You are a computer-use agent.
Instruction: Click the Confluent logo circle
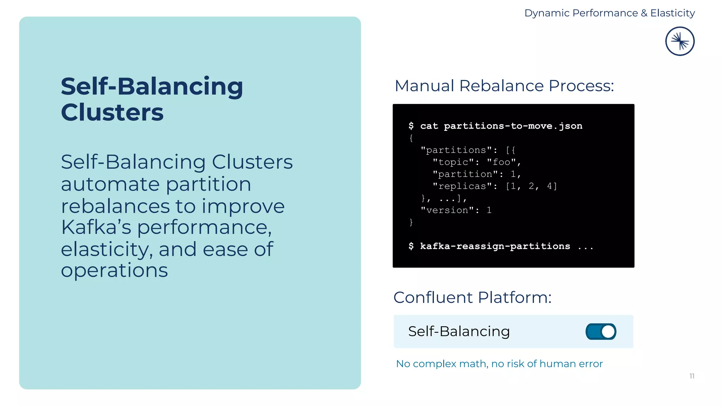pos(680,41)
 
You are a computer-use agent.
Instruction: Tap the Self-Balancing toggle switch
pos(601,332)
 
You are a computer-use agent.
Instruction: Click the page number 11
pos(692,376)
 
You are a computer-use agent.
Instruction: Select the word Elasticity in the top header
pos(672,13)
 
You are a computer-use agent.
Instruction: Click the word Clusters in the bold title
pos(112,112)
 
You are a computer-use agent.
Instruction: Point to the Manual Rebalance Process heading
pos(504,86)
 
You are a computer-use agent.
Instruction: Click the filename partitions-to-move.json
pos(513,126)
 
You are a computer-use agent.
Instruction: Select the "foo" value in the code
pos(501,162)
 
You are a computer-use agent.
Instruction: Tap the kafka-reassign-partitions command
pos(495,246)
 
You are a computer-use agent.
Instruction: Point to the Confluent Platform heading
pos(472,297)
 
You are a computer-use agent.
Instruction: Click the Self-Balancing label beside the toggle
pos(459,331)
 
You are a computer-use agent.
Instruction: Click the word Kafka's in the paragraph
pos(96,227)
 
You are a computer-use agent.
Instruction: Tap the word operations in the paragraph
pos(114,271)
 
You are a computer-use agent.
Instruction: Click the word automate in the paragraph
pos(110,184)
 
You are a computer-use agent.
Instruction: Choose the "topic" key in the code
pos(453,162)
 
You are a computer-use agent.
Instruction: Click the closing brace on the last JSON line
pos(411,222)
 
